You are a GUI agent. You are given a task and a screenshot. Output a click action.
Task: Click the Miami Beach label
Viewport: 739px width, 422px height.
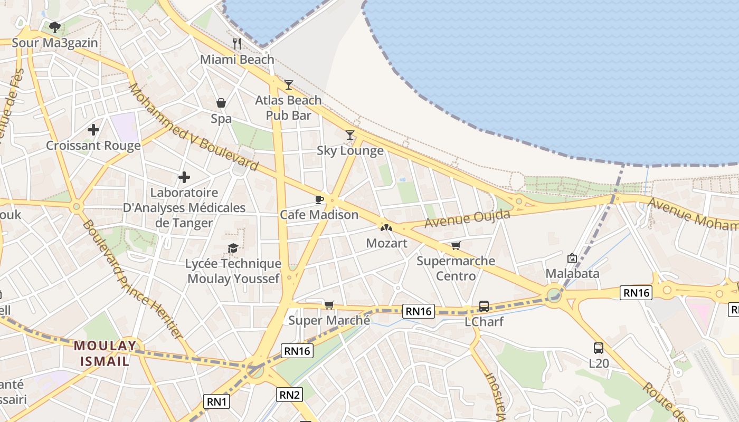[x=237, y=60]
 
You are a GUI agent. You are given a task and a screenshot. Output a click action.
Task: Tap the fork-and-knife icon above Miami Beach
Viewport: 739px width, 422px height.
[x=237, y=43]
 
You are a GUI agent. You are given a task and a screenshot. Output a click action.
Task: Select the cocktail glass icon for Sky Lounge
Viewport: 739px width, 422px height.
[x=350, y=135]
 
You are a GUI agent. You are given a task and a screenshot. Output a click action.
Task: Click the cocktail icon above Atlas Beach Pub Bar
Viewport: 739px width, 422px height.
[x=288, y=84]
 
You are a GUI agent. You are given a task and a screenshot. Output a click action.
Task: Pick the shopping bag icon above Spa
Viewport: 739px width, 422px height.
[x=221, y=103]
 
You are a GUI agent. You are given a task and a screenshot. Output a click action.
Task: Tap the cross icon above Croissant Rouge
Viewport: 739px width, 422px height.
[x=93, y=129]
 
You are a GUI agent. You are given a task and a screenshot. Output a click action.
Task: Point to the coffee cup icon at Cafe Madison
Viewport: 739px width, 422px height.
[x=319, y=199]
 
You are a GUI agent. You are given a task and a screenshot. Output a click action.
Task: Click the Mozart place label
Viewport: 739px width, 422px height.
[x=387, y=243]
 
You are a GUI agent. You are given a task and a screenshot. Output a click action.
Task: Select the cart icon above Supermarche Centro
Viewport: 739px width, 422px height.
[x=456, y=245]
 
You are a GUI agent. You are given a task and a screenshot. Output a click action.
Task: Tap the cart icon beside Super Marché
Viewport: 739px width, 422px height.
[x=329, y=304]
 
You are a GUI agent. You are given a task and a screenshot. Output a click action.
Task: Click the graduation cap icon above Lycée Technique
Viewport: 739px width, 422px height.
[x=233, y=248]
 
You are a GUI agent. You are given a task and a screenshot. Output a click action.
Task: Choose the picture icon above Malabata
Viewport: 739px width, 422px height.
[x=572, y=258]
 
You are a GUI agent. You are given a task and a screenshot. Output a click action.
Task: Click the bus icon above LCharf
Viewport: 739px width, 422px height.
[x=484, y=306]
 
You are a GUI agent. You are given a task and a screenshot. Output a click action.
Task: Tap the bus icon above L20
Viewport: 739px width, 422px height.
[x=598, y=348]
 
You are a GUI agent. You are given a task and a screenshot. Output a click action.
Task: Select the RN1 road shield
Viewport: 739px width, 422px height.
[x=216, y=401]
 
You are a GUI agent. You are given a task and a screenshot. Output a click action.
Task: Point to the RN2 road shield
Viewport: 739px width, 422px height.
[x=290, y=394]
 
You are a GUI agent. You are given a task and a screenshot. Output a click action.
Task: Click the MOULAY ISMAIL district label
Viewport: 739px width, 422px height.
[x=105, y=353]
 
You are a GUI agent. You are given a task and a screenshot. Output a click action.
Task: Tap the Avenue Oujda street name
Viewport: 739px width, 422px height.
[x=468, y=219]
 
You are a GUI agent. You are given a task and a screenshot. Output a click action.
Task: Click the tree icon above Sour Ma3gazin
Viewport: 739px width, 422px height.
[x=54, y=27]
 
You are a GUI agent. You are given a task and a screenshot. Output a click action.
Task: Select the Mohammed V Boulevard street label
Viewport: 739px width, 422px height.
[x=194, y=127]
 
